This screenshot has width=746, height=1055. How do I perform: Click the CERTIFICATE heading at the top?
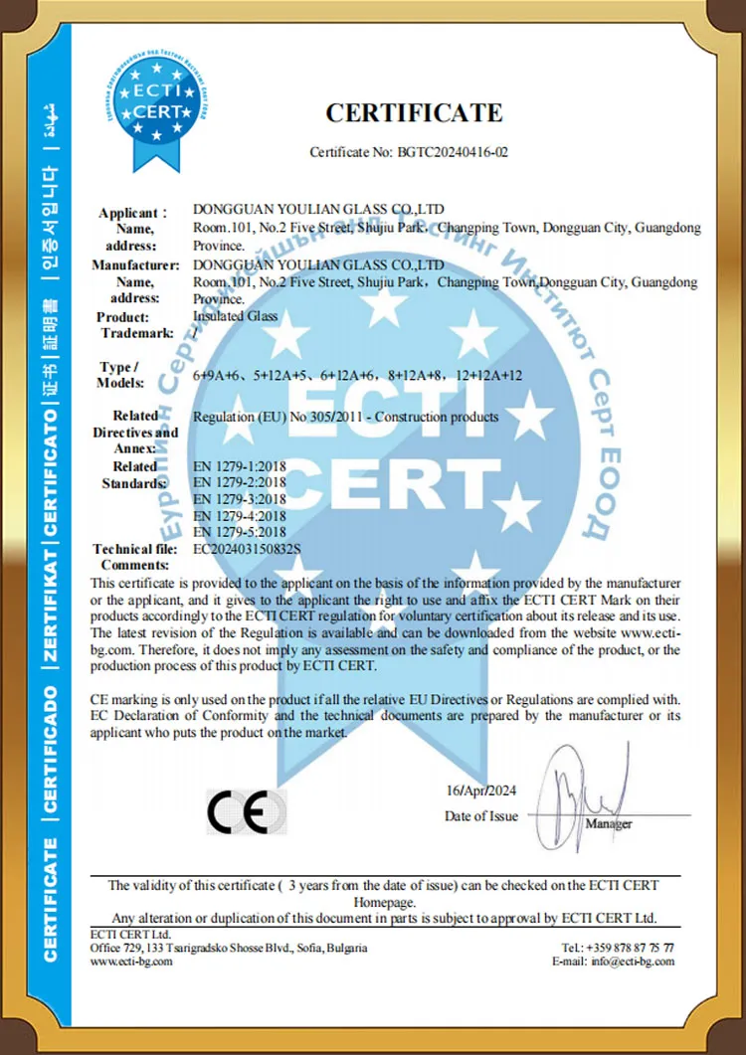414,112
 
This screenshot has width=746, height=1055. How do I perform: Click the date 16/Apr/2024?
482,791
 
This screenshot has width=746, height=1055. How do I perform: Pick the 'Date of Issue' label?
481,816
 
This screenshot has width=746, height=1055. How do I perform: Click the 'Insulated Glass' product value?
235,316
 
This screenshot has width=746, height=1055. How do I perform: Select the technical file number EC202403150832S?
246,548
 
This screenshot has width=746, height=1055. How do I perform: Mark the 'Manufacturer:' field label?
135,265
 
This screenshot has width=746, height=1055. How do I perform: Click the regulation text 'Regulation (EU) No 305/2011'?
269,417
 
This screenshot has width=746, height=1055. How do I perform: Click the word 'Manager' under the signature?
609,824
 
